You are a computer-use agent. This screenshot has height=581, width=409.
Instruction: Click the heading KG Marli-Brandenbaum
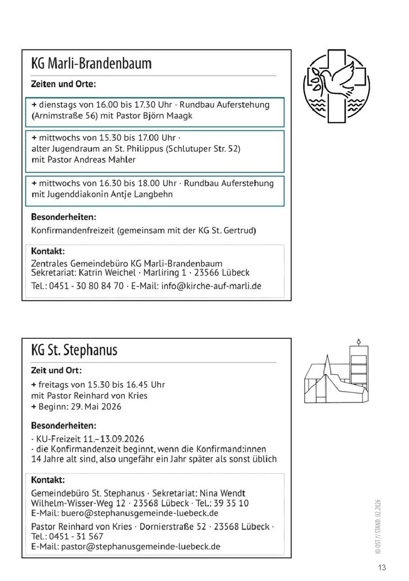[91, 63]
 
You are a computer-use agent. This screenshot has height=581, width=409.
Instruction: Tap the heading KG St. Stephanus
[74, 350]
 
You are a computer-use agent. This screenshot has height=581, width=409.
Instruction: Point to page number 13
[382, 567]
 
